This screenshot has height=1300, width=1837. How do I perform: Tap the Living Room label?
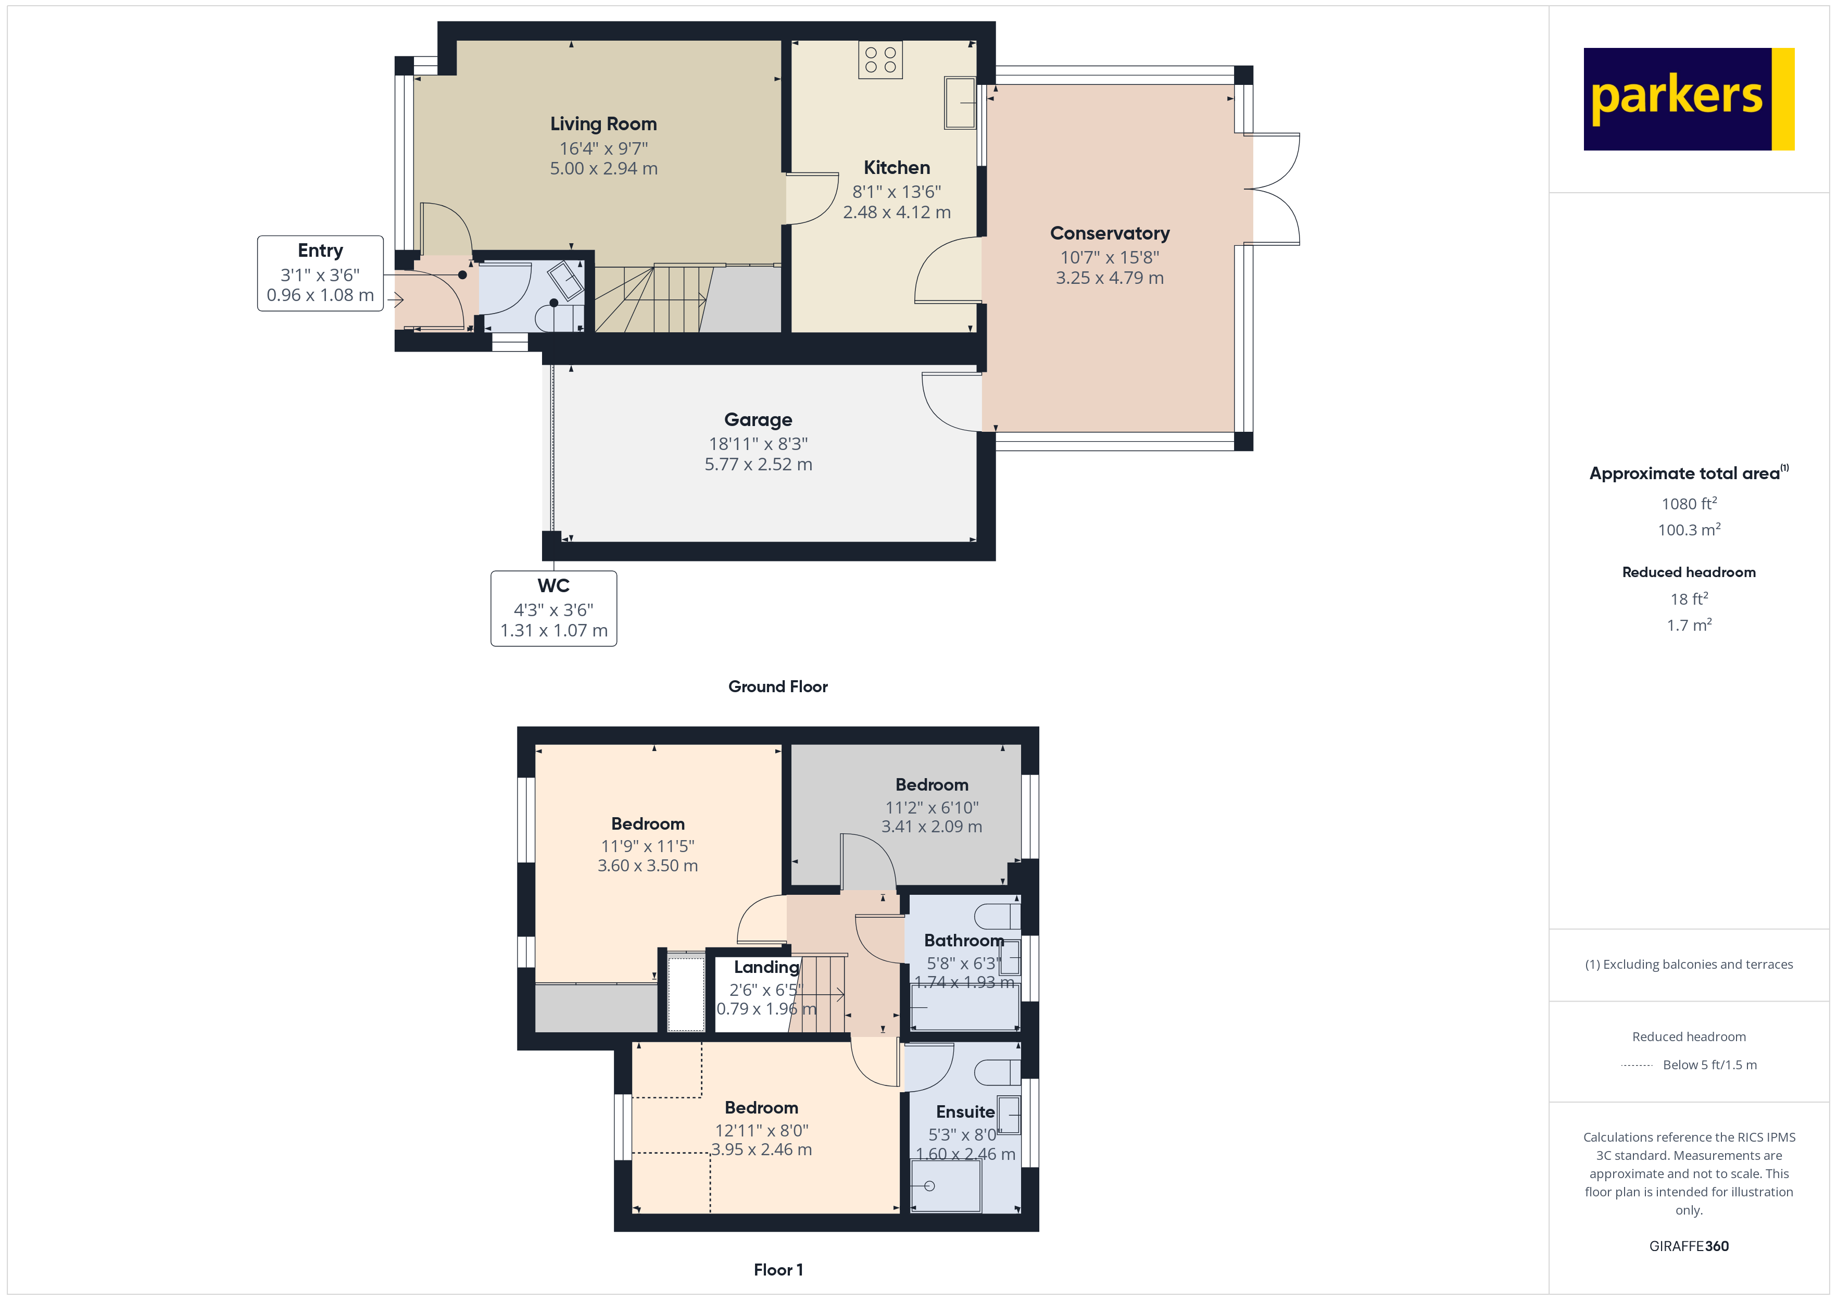pos(603,124)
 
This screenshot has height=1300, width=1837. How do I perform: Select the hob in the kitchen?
pos(880,60)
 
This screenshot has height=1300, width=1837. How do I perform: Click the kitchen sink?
pos(960,103)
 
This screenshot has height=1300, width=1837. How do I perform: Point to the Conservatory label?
pos(1110,233)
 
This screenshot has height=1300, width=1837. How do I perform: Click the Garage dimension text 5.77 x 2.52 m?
pos(759,464)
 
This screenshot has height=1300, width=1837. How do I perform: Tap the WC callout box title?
pos(553,586)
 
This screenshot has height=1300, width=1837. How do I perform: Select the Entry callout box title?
pos(320,251)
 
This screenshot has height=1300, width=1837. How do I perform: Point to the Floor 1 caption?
pos(778,1270)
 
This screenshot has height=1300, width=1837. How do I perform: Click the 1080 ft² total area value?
pos(1689,504)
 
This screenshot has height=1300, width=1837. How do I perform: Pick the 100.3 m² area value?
pos(1689,530)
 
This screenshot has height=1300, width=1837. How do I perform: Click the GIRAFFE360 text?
pos(1689,1246)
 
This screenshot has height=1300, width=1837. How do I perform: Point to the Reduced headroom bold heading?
pos(1689,572)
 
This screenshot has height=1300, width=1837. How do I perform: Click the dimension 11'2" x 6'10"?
pos(932,808)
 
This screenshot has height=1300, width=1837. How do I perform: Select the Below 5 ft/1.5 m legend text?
pos(1710,1065)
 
